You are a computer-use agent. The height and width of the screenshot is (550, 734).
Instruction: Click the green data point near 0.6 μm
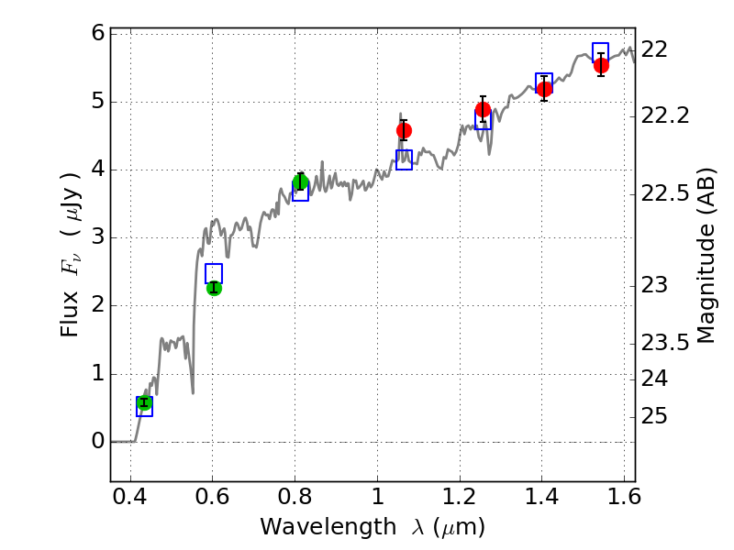point(214,288)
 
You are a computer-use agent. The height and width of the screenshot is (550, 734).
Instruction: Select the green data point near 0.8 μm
point(300,181)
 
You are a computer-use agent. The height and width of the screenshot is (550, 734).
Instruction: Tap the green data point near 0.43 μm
point(144,402)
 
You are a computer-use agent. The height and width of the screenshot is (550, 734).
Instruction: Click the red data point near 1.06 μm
point(404,130)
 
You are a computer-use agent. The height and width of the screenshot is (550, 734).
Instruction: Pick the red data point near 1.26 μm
point(483,110)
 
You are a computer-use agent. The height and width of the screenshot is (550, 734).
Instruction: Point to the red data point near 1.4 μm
point(544,89)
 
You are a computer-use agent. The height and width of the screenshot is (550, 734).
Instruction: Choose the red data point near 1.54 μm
point(601,65)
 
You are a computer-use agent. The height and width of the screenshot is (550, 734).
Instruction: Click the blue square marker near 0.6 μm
point(214,273)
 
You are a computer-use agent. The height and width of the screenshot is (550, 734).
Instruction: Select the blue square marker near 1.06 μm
point(404,159)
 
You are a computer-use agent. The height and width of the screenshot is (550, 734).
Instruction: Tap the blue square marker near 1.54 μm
point(601,52)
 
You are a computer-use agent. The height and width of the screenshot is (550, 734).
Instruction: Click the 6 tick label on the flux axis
point(95,34)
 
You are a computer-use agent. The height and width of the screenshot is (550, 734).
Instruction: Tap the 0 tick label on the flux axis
point(95,442)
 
